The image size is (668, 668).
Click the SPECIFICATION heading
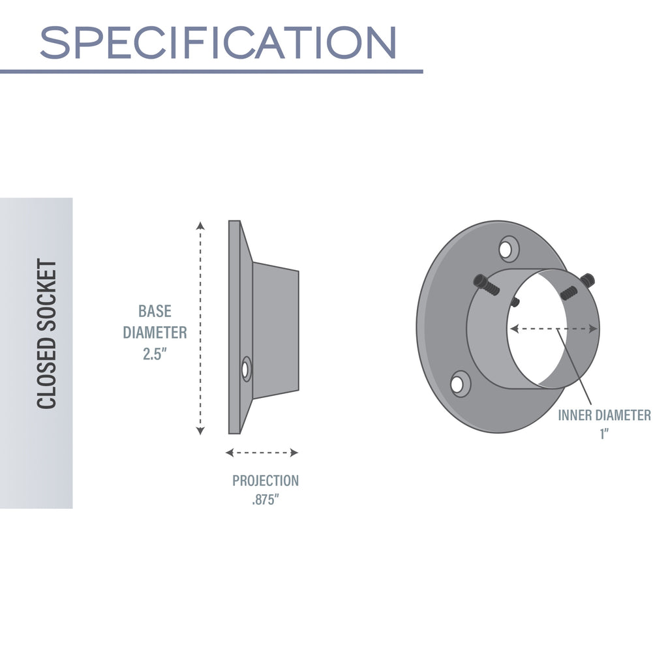(x=218, y=43)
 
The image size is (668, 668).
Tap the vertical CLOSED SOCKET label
(x=47, y=334)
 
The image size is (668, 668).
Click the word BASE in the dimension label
(x=155, y=311)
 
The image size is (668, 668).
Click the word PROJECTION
(x=266, y=481)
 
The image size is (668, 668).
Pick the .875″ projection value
(x=266, y=502)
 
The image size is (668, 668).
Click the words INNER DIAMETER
(x=604, y=415)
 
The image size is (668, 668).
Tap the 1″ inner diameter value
(x=604, y=434)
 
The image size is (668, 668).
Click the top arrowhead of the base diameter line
(x=201, y=226)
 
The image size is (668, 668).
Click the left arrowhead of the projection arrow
(x=229, y=453)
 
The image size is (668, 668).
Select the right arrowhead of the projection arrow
(x=294, y=453)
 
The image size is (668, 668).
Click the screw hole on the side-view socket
(x=246, y=369)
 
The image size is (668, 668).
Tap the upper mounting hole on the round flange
(x=508, y=249)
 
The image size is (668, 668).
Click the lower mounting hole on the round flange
(x=460, y=383)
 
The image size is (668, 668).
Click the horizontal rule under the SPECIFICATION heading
(x=211, y=71)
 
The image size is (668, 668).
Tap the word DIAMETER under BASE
(x=155, y=332)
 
